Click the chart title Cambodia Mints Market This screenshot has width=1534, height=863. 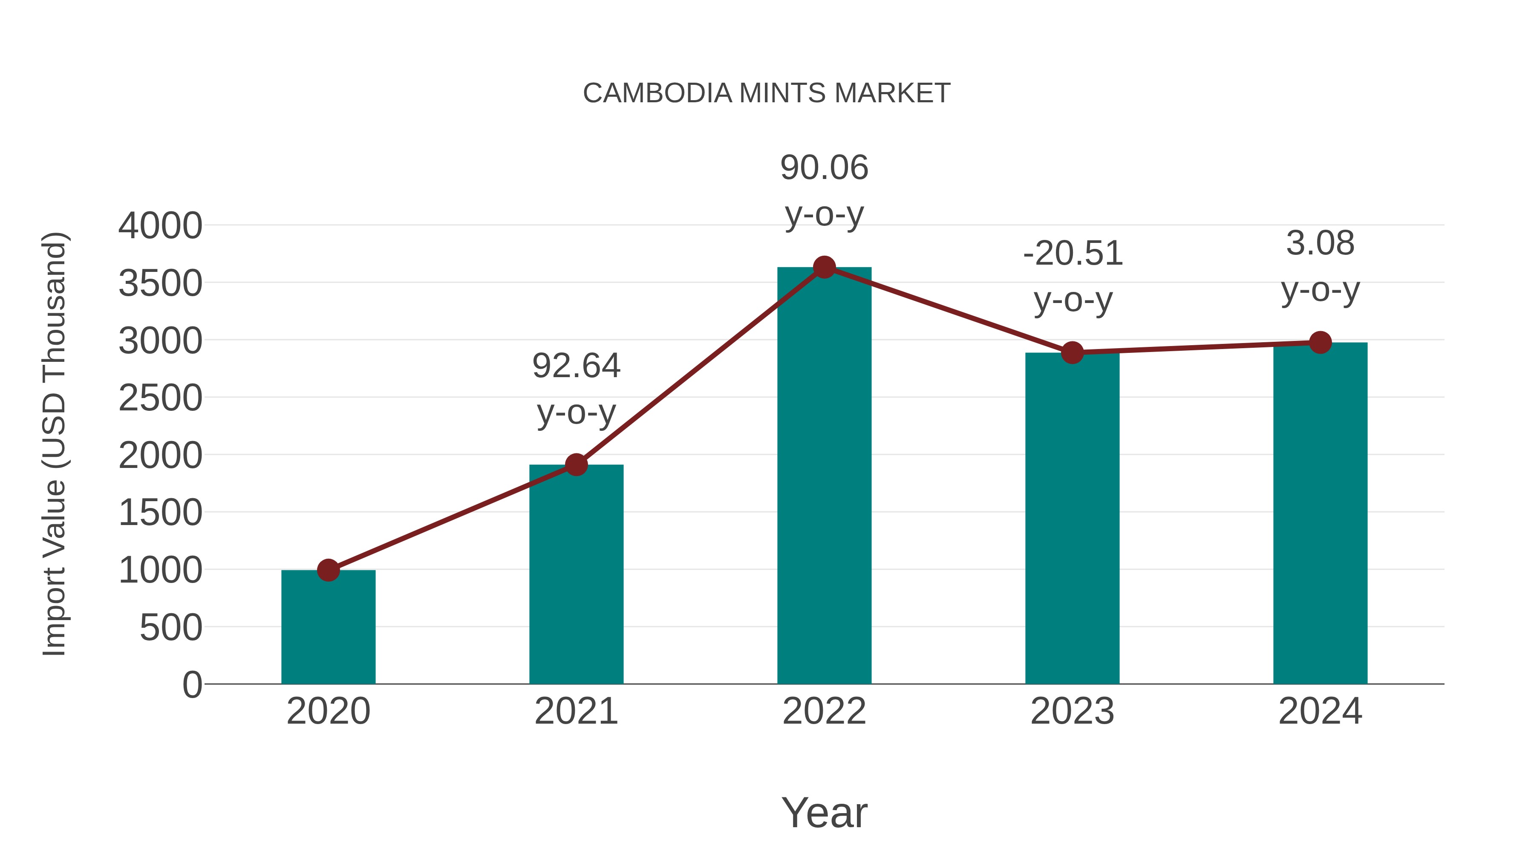pyautogui.click(x=767, y=93)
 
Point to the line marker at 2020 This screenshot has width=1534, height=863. pyautogui.click(x=328, y=570)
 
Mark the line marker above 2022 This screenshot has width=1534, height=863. pyautogui.click(x=824, y=267)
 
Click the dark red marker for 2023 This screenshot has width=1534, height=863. pyautogui.click(x=1072, y=352)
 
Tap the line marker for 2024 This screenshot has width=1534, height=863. pyautogui.click(x=1320, y=343)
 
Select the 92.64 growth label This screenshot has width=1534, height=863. pyautogui.click(x=576, y=366)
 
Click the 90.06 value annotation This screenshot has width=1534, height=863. pyautogui.click(x=824, y=168)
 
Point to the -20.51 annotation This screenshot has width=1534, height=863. pyautogui.click(x=1073, y=254)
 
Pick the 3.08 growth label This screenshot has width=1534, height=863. pyautogui.click(x=1320, y=244)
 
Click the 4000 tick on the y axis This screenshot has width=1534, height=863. pyautogui.click(x=160, y=226)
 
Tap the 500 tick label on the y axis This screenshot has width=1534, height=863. pyautogui.click(x=171, y=628)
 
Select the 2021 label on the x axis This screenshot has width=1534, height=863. pyautogui.click(x=576, y=711)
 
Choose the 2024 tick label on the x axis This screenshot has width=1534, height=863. pyautogui.click(x=1320, y=711)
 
